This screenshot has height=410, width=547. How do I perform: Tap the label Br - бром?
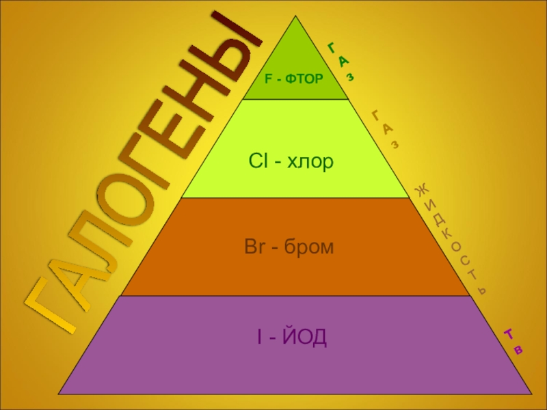tap(289, 247)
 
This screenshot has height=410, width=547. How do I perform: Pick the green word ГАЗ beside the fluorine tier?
tap(341, 62)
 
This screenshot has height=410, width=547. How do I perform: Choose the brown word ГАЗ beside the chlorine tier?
tap(386, 128)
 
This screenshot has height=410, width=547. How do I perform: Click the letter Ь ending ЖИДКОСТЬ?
tap(482, 290)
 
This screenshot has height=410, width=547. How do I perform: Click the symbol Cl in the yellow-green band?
tap(256, 163)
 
